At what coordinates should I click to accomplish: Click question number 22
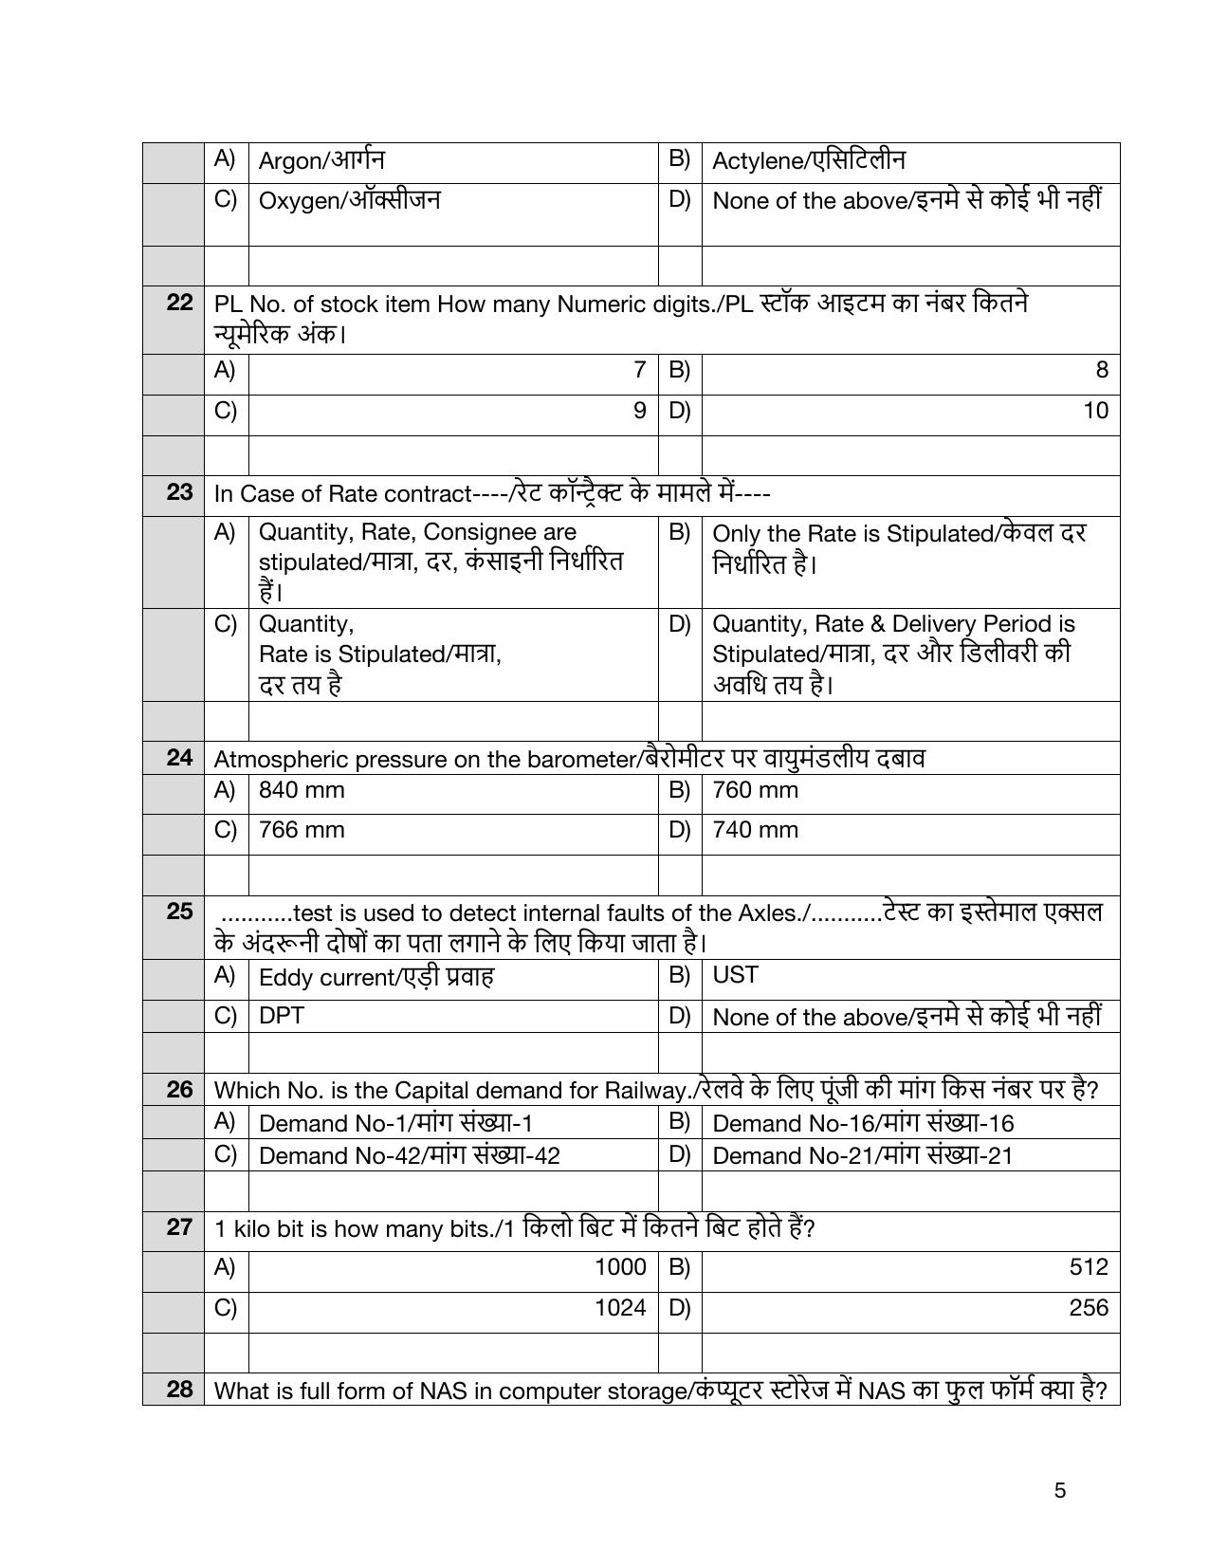click(x=179, y=303)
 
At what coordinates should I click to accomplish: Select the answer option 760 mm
click(x=755, y=790)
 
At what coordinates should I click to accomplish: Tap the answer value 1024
click(x=620, y=1307)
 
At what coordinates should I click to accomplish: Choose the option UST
click(x=735, y=975)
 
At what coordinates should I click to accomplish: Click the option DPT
click(x=281, y=1015)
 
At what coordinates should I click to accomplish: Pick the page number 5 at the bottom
click(x=1059, y=1490)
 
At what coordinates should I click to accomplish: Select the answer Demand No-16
click(x=862, y=1123)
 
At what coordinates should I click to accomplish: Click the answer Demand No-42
click(x=409, y=1155)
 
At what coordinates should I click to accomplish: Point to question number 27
click(x=179, y=1227)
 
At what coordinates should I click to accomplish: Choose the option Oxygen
click(x=349, y=200)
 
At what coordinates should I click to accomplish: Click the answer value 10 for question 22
click(x=1095, y=411)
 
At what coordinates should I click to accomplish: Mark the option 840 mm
click(x=302, y=790)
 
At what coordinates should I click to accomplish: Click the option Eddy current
click(x=376, y=977)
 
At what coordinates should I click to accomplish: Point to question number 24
click(x=179, y=757)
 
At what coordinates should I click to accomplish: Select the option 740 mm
click(x=755, y=830)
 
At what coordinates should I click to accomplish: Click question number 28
click(x=179, y=1389)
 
